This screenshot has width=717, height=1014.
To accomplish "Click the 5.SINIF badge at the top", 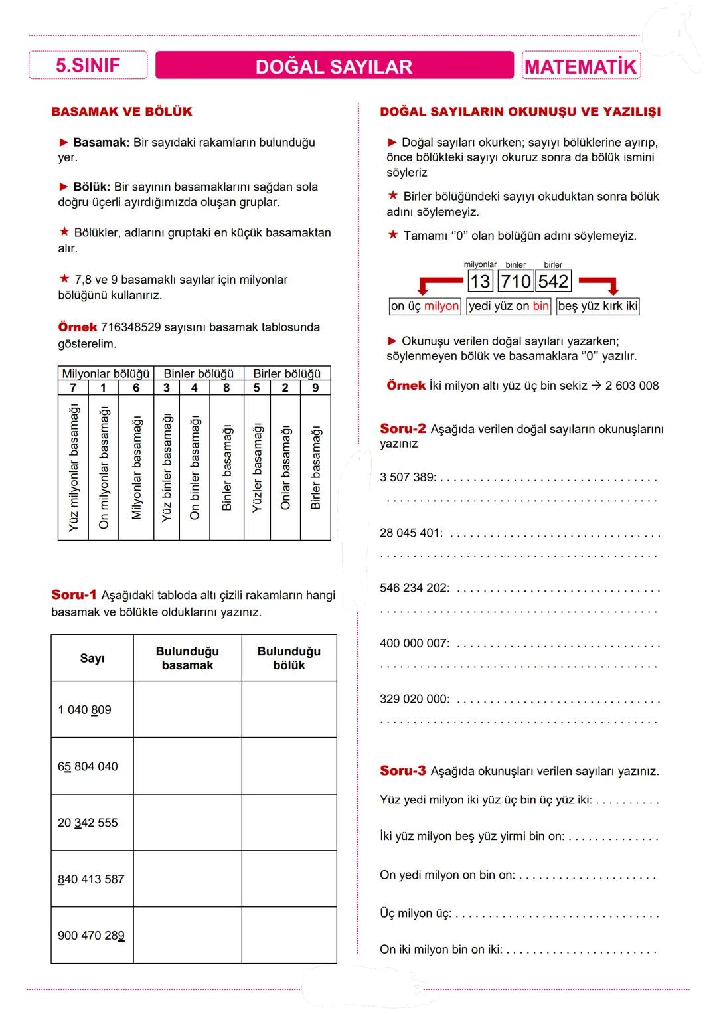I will (88, 66).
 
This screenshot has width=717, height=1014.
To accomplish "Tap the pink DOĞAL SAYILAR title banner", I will (334, 66).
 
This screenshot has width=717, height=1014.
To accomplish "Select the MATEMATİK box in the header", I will (580, 66).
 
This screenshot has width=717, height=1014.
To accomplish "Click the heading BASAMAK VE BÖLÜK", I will (121, 112).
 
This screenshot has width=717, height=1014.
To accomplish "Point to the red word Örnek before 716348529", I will (77, 327).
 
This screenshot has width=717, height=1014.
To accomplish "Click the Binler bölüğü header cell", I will (199, 373).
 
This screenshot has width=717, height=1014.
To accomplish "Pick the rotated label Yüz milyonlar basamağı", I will (73, 467).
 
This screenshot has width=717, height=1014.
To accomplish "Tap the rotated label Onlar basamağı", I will (285, 467).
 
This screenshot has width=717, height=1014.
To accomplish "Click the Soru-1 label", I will (74, 594).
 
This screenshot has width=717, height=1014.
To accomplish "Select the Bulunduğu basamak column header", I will (187, 658).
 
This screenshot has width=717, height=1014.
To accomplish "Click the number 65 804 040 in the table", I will (88, 766).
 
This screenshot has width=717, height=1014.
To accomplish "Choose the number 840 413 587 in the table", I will (91, 879).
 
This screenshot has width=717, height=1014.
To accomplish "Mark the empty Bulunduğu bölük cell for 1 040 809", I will (289, 709).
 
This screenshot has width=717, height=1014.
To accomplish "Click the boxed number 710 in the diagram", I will (516, 282).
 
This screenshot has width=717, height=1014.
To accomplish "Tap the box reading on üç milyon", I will (425, 306).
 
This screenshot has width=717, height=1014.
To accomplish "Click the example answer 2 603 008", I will (631, 386).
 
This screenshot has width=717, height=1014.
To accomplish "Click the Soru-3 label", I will (402, 771).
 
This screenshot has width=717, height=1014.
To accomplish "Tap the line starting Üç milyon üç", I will (415, 914).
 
